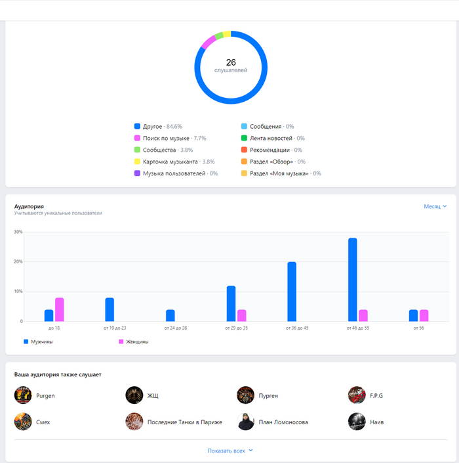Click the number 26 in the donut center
tap(230, 62)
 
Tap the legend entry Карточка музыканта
tap(170, 162)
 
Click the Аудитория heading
tap(30, 206)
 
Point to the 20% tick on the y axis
tap(18, 261)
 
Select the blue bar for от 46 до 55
tap(353, 279)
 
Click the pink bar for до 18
tap(60, 309)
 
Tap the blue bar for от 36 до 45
tap(292, 292)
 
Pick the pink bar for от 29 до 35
tap(242, 315)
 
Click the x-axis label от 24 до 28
tap(170, 327)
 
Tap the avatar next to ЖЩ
tap(134, 395)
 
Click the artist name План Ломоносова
tap(283, 422)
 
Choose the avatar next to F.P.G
tap(357, 395)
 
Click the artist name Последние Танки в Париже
tap(185, 422)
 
